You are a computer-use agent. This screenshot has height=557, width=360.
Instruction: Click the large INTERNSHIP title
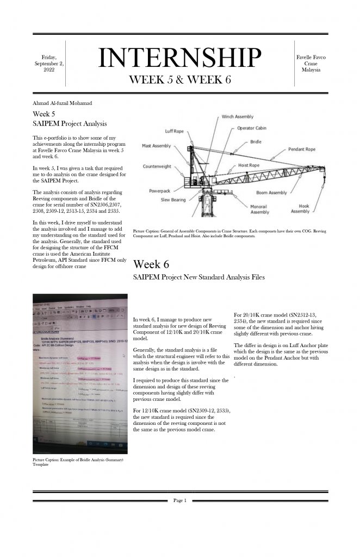[x=179, y=59]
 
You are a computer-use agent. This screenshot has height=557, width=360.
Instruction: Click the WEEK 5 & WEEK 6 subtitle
[x=180, y=79]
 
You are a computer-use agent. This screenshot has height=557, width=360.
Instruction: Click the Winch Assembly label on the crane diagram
[x=237, y=117]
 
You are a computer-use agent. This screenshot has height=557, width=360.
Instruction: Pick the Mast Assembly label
[x=156, y=146]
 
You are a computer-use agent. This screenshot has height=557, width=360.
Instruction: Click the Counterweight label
[x=157, y=166]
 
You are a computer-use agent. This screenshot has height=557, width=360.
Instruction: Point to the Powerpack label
[x=161, y=191]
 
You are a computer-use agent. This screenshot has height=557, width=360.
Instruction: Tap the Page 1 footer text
[x=180, y=500]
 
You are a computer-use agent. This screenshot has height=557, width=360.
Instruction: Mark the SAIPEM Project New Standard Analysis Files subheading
[x=198, y=277]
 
